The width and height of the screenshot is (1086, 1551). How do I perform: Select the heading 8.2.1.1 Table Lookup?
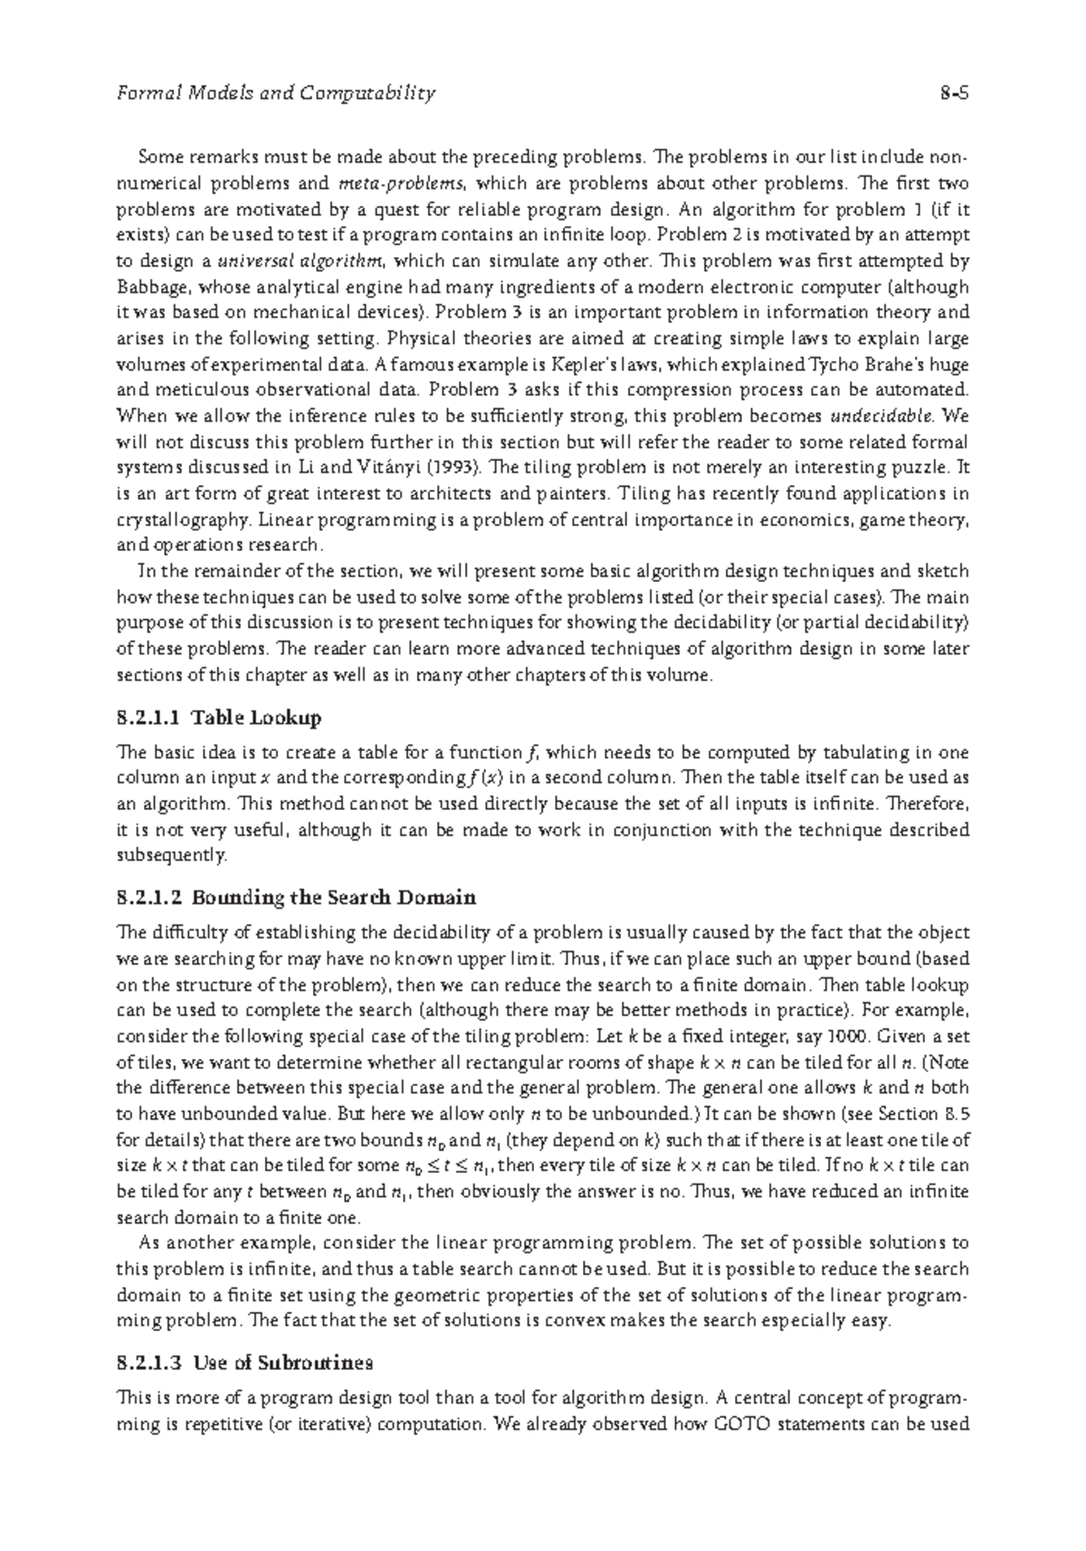pos(220,718)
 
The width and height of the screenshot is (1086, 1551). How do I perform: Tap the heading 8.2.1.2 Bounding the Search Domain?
pos(297,899)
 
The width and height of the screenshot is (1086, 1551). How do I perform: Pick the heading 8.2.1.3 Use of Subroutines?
pos(245,1363)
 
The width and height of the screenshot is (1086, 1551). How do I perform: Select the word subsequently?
pos(170,855)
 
